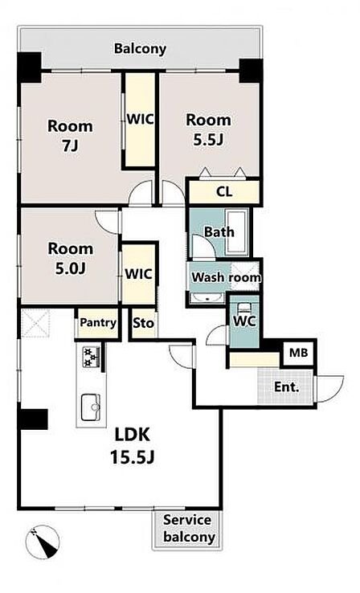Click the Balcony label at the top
click(x=140, y=49)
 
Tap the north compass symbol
click(x=43, y=542)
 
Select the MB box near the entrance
click(x=299, y=354)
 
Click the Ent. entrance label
click(x=286, y=386)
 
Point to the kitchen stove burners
click(x=92, y=357)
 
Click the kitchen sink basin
click(x=91, y=407)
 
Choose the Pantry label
click(x=98, y=322)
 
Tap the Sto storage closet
click(x=144, y=323)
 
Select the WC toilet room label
click(x=244, y=321)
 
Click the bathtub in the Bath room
click(x=237, y=231)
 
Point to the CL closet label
click(x=224, y=192)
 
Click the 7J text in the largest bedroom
click(x=71, y=145)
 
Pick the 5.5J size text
click(x=208, y=140)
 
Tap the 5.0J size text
click(x=71, y=268)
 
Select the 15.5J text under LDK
click(x=133, y=458)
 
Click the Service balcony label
click(x=189, y=529)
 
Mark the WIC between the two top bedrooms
click(x=141, y=119)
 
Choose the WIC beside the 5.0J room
click(x=138, y=274)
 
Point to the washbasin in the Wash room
click(x=207, y=297)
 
